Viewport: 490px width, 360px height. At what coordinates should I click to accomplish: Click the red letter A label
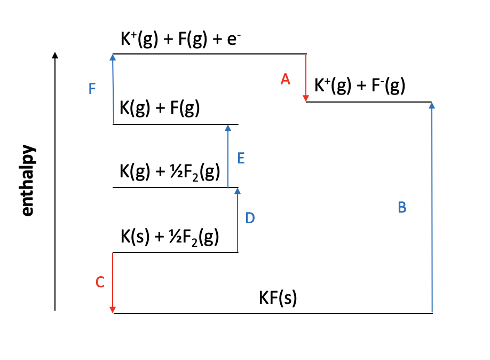[286, 80]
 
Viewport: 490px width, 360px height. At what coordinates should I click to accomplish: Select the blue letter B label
[402, 208]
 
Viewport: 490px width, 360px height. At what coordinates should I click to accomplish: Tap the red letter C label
[100, 283]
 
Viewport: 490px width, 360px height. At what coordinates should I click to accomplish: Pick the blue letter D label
[250, 218]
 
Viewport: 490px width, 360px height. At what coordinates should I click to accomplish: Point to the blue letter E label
[241, 159]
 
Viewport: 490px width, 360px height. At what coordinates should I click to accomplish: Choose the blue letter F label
[92, 89]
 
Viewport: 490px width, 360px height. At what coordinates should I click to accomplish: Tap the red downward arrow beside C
[113, 283]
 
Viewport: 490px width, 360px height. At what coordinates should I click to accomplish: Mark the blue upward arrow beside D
[238, 220]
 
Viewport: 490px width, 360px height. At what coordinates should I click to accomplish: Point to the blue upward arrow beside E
[228, 156]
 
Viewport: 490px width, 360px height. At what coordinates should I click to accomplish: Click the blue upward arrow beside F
[113, 89]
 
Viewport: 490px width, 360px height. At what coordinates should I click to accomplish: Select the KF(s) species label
[278, 299]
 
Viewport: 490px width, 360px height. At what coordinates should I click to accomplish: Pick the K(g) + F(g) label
[160, 109]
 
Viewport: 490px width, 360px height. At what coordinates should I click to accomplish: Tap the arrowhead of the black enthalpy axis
[55, 55]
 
